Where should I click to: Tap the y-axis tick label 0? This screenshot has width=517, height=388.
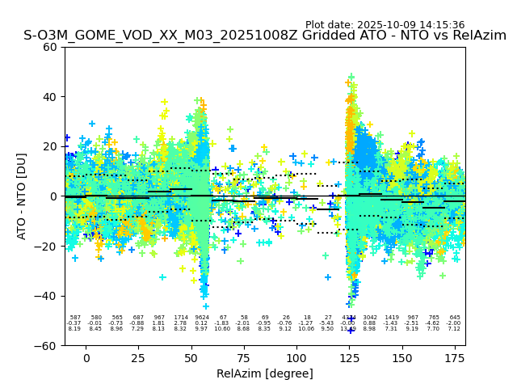click(x=56, y=196)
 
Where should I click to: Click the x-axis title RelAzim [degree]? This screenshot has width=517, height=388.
click(x=265, y=374)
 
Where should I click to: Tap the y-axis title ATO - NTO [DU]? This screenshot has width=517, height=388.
click(x=22, y=196)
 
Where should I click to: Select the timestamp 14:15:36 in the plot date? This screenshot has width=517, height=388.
click(x=440, y=25)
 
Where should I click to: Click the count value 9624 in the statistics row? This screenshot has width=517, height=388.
click(x=202, y=318)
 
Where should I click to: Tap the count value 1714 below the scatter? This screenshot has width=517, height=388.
click(x=180, y=318)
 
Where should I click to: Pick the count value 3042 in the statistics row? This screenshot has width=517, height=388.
click(x=370, y=318)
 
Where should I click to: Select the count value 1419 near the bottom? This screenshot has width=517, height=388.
click(x=392, y=318)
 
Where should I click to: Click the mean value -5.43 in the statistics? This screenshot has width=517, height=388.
click(x=327, y=323)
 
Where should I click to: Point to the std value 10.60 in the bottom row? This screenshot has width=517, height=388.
click(x=223, y=329)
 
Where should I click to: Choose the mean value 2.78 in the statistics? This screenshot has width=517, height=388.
click(x=180, y=323)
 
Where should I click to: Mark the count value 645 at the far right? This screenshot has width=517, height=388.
click(x=455, y=318)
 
